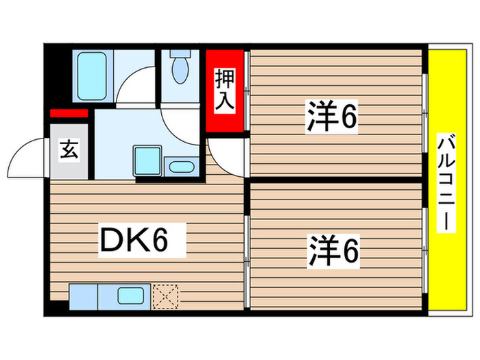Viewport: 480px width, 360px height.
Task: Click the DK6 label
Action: (142, 241)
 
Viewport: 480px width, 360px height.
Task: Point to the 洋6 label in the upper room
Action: (332, 119)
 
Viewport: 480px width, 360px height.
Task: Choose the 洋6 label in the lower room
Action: (333, 252)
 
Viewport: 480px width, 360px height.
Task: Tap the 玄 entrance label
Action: (69, 149)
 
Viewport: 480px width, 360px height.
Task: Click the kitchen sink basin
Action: (130, 297)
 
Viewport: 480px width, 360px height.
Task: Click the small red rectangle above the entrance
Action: (69, 113)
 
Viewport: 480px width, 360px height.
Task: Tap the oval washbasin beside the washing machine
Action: (182, 166)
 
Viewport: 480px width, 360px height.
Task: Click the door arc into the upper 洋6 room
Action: (226, 157)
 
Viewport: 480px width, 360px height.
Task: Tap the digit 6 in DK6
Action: (175, 241)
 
